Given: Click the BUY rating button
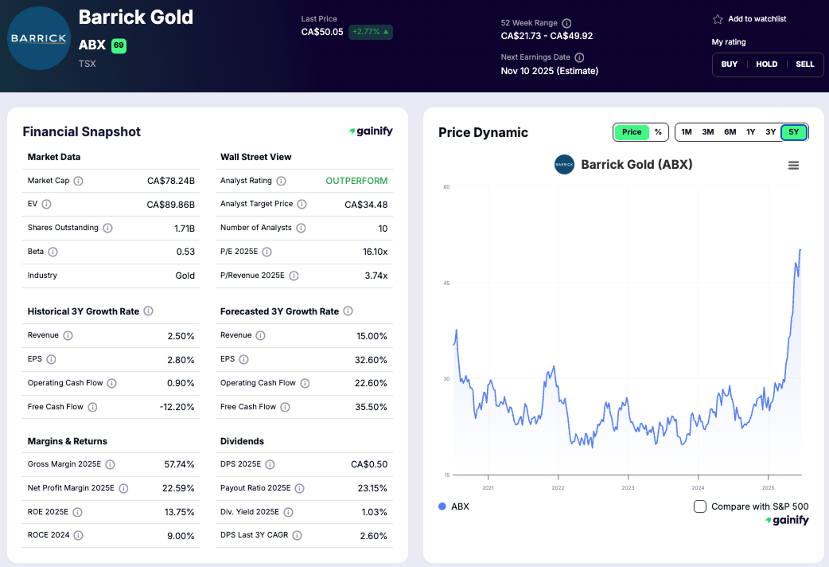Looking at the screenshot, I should [x=729, y=65].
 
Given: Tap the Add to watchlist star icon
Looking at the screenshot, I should [x=718, y=19].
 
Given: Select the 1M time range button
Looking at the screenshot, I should [x=687, y=132].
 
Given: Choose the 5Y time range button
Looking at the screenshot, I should [x=794, y=132].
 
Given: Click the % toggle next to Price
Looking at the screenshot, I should [x=658, y=132].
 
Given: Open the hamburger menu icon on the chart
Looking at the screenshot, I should [x=793, y=166].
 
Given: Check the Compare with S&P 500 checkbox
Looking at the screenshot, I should [x=700, y=506].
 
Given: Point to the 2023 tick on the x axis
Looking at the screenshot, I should [x=628, y=487].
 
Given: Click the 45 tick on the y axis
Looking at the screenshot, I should [x=446, y=283].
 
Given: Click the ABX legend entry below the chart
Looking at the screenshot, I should [x=454, y=506].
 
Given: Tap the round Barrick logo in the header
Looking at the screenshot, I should [x=38, y=38].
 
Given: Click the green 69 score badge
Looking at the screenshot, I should [x=119, y=45].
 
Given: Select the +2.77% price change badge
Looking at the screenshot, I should [x=371, y=33].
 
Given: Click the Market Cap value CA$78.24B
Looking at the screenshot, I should [x=171, y=181].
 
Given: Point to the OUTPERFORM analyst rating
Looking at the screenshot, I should [x=356, y=181].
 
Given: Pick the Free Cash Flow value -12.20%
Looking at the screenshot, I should [x=176, y=407].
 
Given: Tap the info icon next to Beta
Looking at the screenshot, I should [x=53, y=252].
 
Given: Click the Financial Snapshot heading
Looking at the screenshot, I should [x=81, y=132].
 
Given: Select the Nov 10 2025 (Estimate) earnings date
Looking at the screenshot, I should [x=549, y=71].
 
